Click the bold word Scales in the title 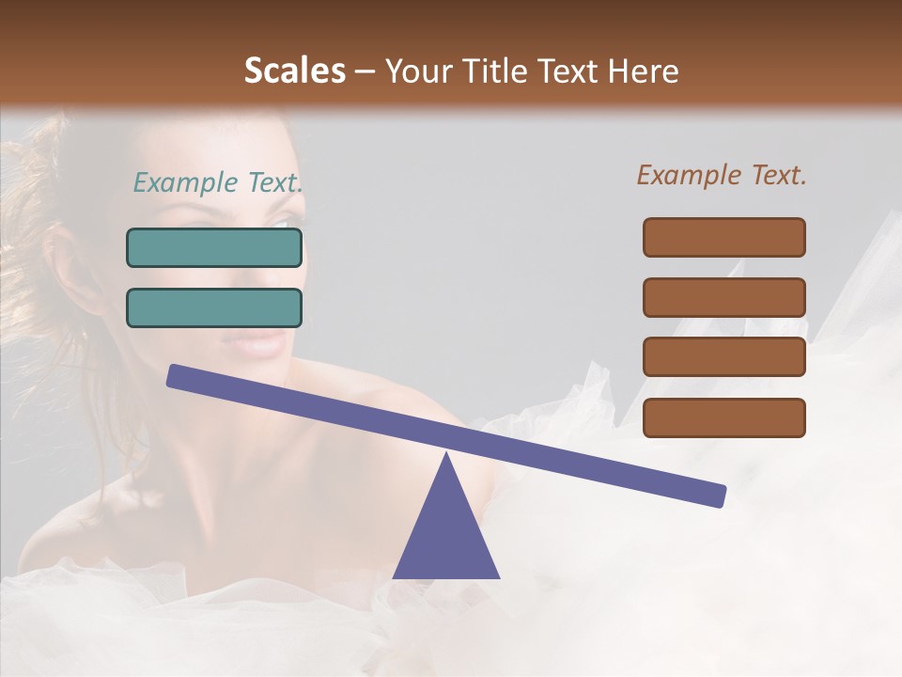pyautogui.click(x=294, y=71)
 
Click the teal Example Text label pyautogui.click(x=218, y=182)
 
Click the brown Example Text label pyautogui.click(x=722, y=175)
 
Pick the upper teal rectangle pyautogui.click(x=214, y=248)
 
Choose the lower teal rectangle pyautogui.click(x=214, y=308)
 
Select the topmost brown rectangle pyautogui.click(x=723, y=237)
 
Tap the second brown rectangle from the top pyautogui.click(x=723, y=297)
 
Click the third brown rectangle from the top pyautogui.click(x=723, y=357)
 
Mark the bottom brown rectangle pyautogui.click(x=723, y=417)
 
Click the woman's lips pyautogui.click(x=257, y=343)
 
